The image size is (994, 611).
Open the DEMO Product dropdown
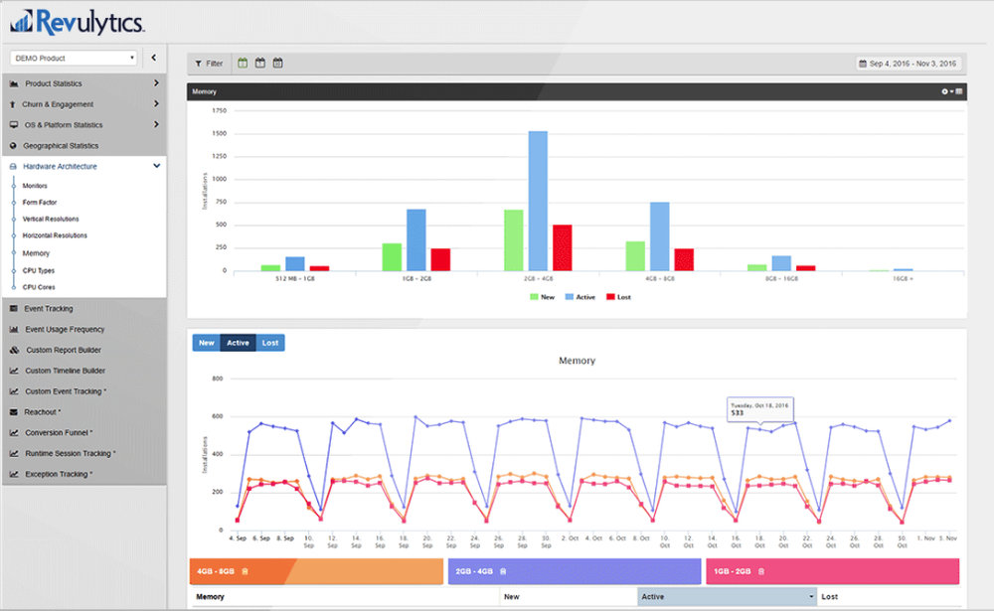pyautogui.click(x=75, y=59)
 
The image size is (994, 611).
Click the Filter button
pyautogui.click(x=209, y=64)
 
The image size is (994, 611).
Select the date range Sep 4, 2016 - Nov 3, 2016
pyautogui.click(x=908, y=64)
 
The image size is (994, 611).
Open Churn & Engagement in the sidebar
pyautogui.click(x=59, y=104)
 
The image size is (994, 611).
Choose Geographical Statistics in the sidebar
pyautogui.click(x=61, y=146)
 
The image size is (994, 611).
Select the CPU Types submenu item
pyautogui.click(x=39, y=270)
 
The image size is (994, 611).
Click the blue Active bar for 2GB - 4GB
pyautogui.click(x=538, y=200)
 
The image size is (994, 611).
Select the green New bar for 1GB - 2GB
pyautogui.click(x=392, y=256)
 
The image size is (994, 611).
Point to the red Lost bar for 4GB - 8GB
pyautogui.click(x=683, y=258)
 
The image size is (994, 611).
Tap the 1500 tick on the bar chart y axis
pyautogui.click(x=220, y=133)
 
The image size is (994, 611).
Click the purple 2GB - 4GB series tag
pyautogui.click(x=575, y=571)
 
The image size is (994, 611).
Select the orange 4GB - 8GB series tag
pyautogui.click(x=316, y=571)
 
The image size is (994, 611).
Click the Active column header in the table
pyautogui.click(x=726, y=597)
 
